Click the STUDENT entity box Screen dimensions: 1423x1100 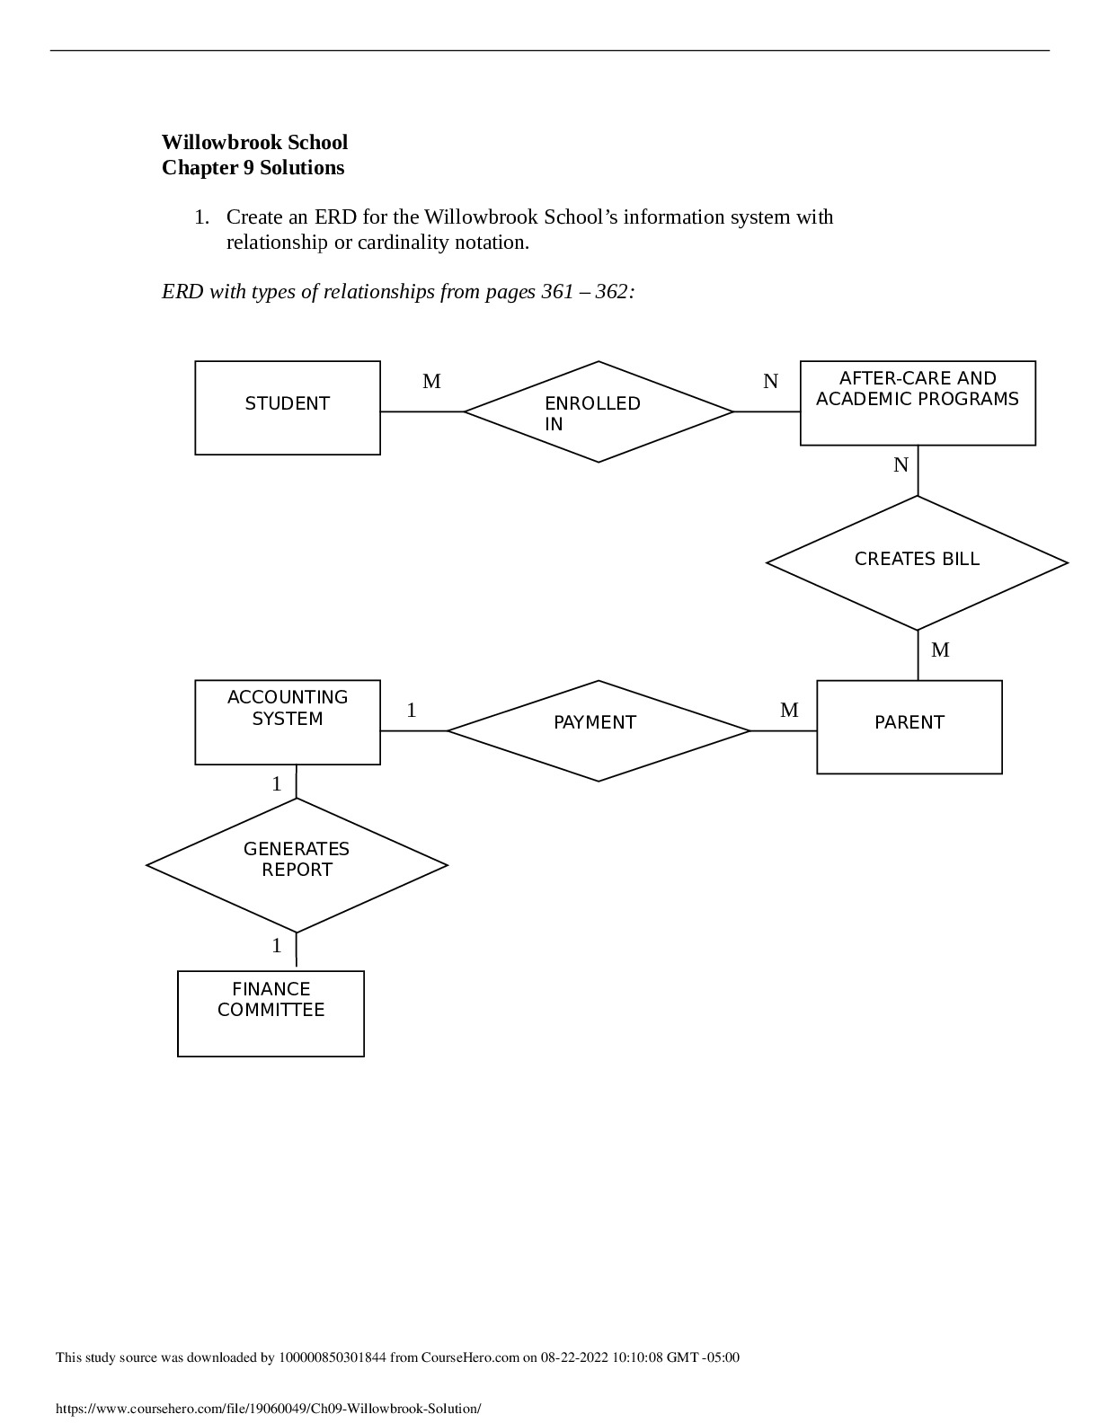288,408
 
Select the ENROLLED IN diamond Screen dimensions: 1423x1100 599,412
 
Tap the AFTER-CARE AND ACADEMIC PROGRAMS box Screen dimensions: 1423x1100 918,403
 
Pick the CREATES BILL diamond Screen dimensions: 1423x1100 917,563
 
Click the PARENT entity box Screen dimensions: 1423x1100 909,727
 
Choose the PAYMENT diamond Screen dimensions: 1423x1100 598,730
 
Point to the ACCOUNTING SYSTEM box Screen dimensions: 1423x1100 288,722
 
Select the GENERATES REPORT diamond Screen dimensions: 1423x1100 297,865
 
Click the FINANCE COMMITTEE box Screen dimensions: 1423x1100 271,1013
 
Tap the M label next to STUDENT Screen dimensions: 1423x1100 431,382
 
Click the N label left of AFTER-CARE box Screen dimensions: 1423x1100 770,382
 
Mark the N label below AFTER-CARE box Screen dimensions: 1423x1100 900,465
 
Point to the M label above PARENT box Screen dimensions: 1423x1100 940,650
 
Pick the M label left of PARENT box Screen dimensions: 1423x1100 789,711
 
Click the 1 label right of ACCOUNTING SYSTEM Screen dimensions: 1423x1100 412,711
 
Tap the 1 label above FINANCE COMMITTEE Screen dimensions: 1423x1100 277,946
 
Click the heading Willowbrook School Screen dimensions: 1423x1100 254,143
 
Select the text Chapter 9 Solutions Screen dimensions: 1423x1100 253,168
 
